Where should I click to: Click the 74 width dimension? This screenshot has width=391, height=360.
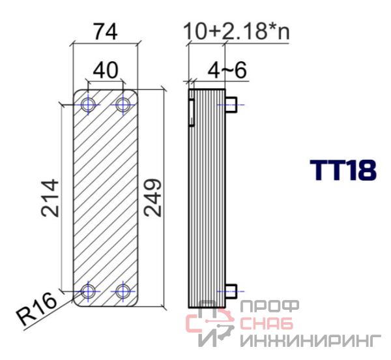pos(105,32)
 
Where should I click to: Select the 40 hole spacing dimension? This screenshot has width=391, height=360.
pos(105,70)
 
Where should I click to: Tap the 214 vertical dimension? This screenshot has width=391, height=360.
pos(50,198)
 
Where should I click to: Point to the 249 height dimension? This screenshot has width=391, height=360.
pos(153,197)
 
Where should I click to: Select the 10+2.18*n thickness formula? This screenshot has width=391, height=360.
pos(236,31)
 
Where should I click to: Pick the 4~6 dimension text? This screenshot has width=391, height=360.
pos(227,70)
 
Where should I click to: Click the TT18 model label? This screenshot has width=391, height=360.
pos(343,170)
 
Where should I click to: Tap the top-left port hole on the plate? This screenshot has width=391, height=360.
pos(88,105)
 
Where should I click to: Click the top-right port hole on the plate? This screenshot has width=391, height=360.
pos(123,105)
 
